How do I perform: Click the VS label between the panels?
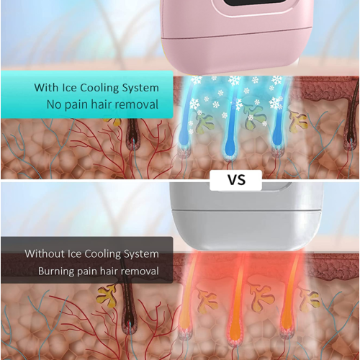[x=236, y=180]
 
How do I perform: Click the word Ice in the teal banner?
[x=69, y=88]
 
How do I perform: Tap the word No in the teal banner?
[x=54, y=104]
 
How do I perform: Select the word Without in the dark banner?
[x=45, y=253]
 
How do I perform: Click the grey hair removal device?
[x=246, y=216]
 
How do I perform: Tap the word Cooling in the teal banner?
[x=99, y=88]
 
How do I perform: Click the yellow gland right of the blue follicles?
[x=297, y=120]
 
